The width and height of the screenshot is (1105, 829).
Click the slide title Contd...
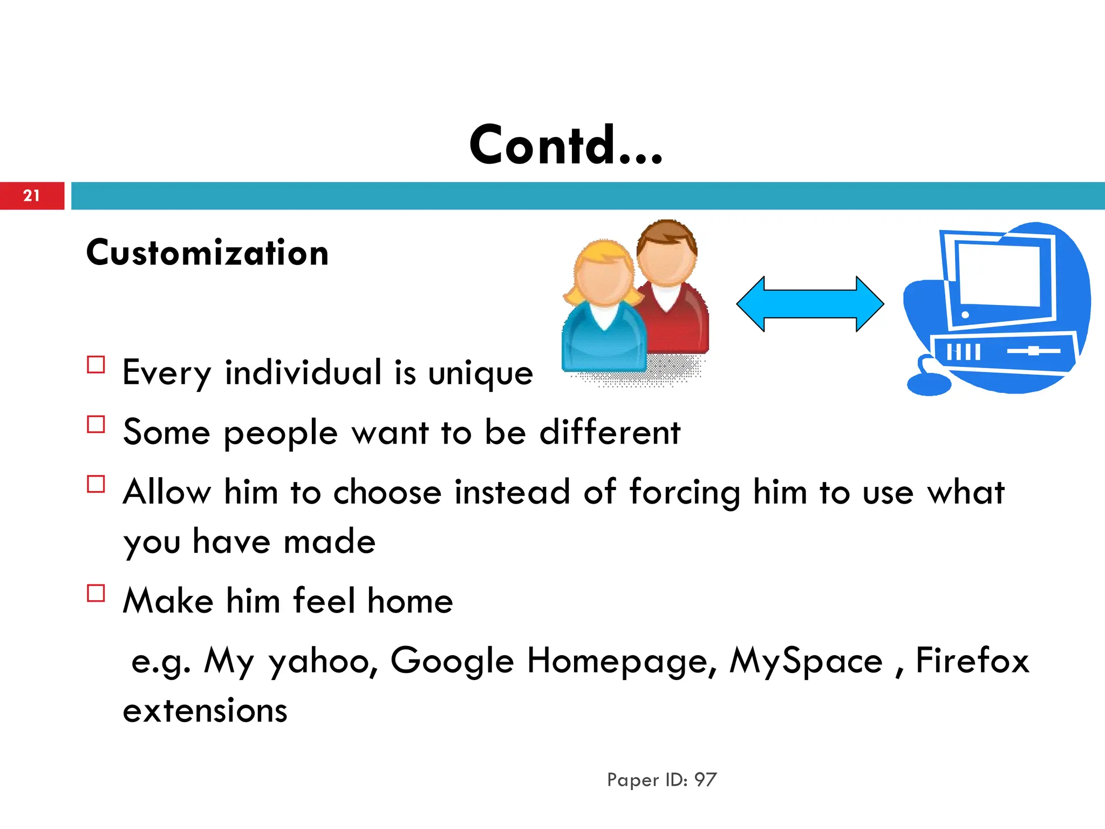[x=565, y=145]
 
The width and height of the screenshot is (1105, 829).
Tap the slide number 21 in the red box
[x=31, y=195]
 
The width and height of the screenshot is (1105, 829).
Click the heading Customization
[x=207, y=253]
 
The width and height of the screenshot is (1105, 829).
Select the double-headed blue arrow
[x=810, y=304]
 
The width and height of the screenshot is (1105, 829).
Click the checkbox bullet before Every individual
[x=96, y=365]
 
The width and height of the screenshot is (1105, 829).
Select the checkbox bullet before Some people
[x=96, y=424]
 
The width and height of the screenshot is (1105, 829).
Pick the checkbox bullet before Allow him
[x=96, y=484]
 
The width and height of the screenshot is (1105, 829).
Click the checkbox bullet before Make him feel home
[x=96, y=593]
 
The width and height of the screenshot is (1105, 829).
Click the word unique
[x=480, y=373]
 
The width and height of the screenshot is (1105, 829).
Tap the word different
[x=610, y=432]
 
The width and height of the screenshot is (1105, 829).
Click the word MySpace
[x=806, y=661]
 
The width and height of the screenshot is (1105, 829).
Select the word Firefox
[x=972, y=661]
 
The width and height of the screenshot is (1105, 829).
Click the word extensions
[x=205, y=710]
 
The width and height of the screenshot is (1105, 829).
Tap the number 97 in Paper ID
[x=705, y=779]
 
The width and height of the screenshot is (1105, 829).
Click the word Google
[x=452, y=661]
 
